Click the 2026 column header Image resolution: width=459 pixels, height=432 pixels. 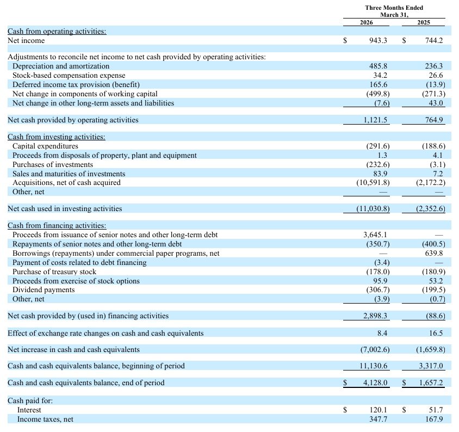[x=366, y=22]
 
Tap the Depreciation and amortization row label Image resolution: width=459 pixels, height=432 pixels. [x=61, y=66]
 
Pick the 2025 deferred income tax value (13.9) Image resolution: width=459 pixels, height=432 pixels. [x=435, y=84]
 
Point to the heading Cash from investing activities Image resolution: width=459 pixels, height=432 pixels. [x=57, y=137]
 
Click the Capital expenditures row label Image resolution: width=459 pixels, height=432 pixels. [x=45, y=146]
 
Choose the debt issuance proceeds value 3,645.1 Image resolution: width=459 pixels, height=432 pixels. [x=375, y=234]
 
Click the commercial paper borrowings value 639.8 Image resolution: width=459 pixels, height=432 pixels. [x=433, y=253]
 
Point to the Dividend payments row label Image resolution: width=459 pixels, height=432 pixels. [x=44, y=290]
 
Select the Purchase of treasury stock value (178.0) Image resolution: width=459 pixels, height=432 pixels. [x=378, y=271]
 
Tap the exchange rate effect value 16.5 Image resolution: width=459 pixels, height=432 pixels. [x=436, y=333]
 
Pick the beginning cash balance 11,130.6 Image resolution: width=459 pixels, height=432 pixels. [x=373, y=366]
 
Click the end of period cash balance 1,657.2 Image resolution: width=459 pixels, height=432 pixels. [x=431, y=383]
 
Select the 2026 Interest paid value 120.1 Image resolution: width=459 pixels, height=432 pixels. [x=378, y=410]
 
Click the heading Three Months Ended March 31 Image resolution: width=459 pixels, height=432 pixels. [x=394, y=11]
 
